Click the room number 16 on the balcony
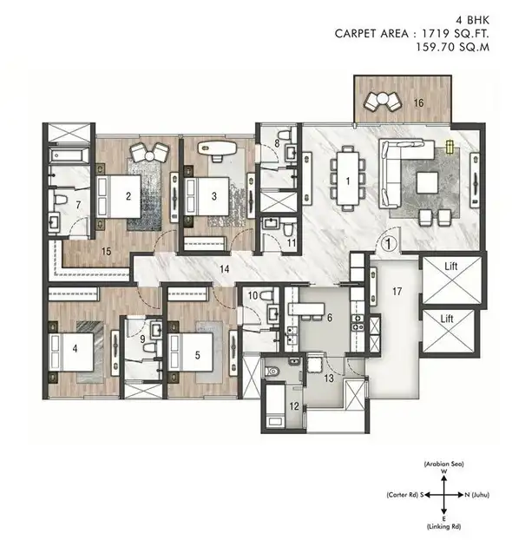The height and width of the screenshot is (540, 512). pos(418,102)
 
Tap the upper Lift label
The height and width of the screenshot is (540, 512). pos(450,267)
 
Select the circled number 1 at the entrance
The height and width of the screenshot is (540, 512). pos(389,244)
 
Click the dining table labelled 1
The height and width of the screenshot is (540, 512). pos(348,178)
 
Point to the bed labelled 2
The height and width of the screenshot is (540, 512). pos(119,197)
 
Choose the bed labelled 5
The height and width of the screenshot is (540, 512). pos(191,352)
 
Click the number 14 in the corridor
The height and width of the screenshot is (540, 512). pos(224,269)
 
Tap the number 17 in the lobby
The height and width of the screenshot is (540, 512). pos(397,292)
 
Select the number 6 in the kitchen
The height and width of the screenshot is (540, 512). pos(330,318)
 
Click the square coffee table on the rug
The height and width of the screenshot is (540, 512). pos(427,182)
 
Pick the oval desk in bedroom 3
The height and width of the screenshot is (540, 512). pos(217,148)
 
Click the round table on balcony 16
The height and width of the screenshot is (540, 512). pos(382,99)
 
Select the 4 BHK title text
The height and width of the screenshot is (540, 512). pos(472,20)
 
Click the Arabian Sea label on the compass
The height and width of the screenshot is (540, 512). pos(443,464)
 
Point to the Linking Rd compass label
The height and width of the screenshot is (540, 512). pos(443,527)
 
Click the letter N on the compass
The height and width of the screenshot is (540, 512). pos(467,495)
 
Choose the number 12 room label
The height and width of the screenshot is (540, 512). pos(293,406)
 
